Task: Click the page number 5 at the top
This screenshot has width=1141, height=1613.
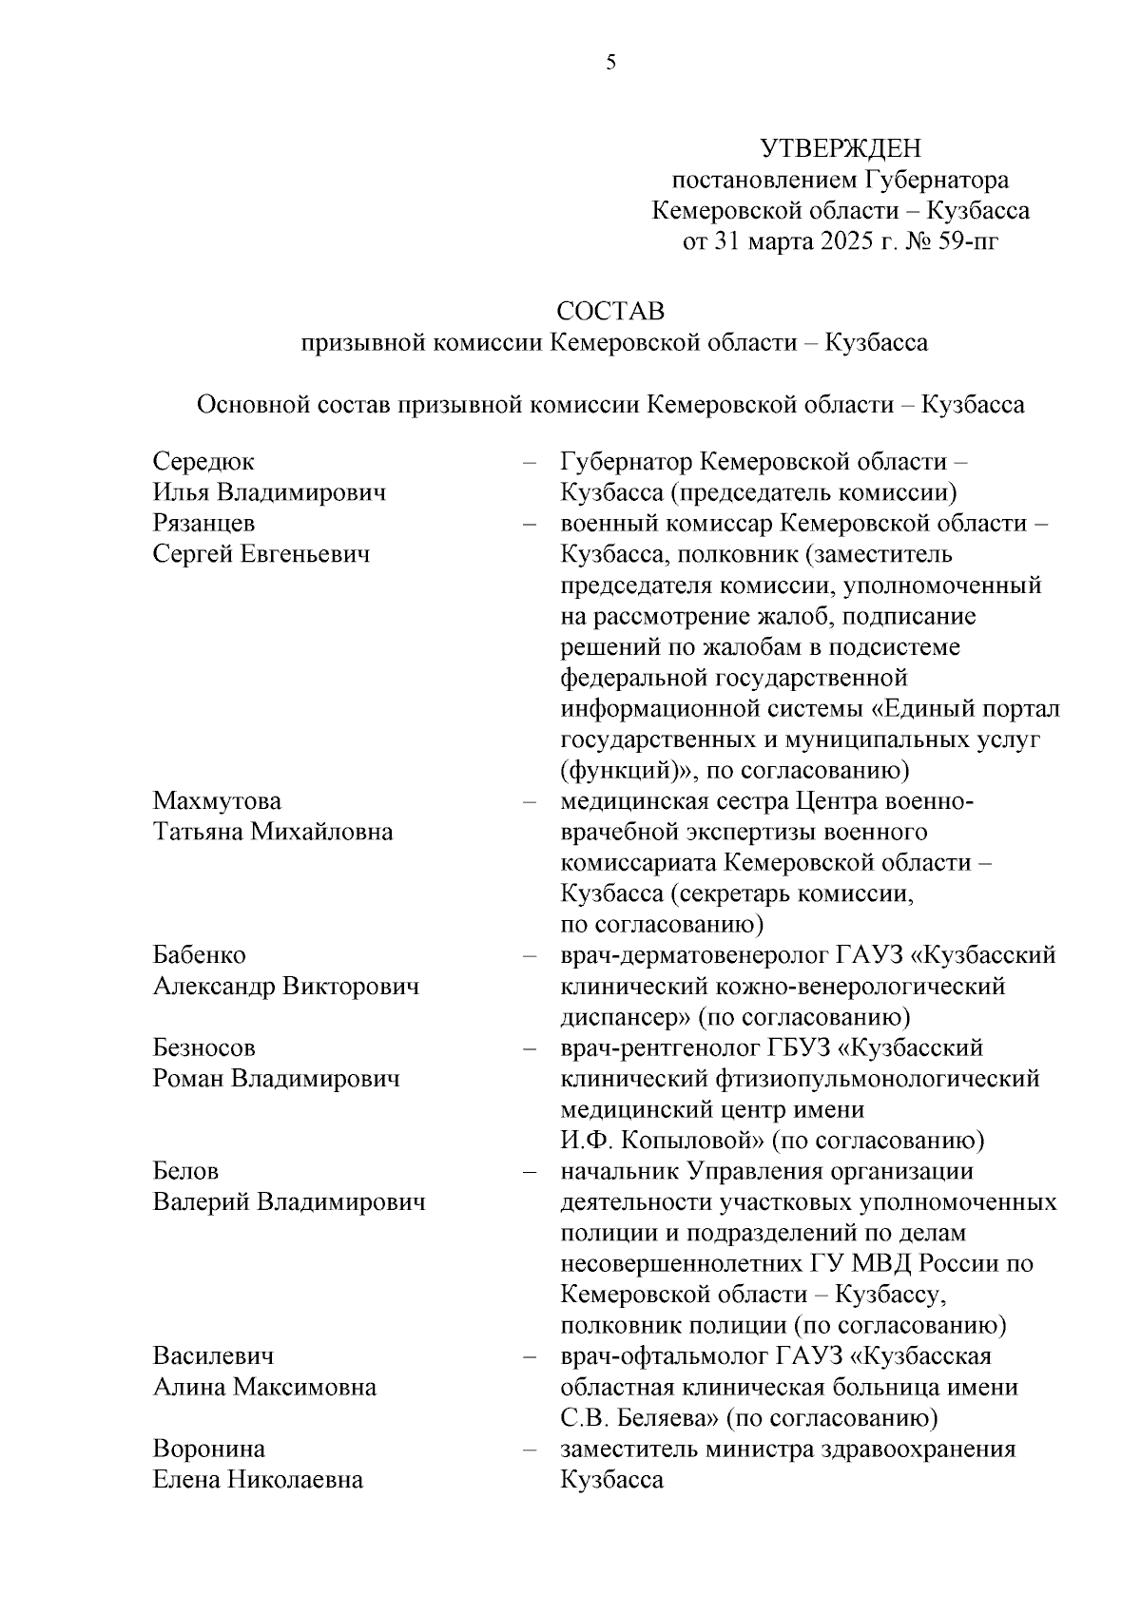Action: coord(610,63)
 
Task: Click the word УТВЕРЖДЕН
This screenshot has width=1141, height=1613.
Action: coord(841,149)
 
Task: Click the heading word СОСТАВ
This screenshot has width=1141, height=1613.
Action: coord(610,311)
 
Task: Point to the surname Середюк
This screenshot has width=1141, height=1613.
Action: coord(203,462)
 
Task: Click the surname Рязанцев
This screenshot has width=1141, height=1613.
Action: coord(203,524)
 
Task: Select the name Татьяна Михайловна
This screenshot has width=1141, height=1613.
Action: coord(273,833)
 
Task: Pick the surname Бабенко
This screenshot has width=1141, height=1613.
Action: coord(200,955)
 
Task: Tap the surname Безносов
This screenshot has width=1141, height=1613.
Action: coord(204,1048)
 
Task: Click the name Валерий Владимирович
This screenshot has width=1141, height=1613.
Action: coord(289,1202)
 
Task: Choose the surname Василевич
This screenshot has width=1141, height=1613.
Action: coord(214,1356)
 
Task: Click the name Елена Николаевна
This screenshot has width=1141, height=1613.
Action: coord(258,1480)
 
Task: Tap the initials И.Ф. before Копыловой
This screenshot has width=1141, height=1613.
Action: coord(583,1141)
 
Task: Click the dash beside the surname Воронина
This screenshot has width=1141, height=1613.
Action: coord(530,1450)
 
